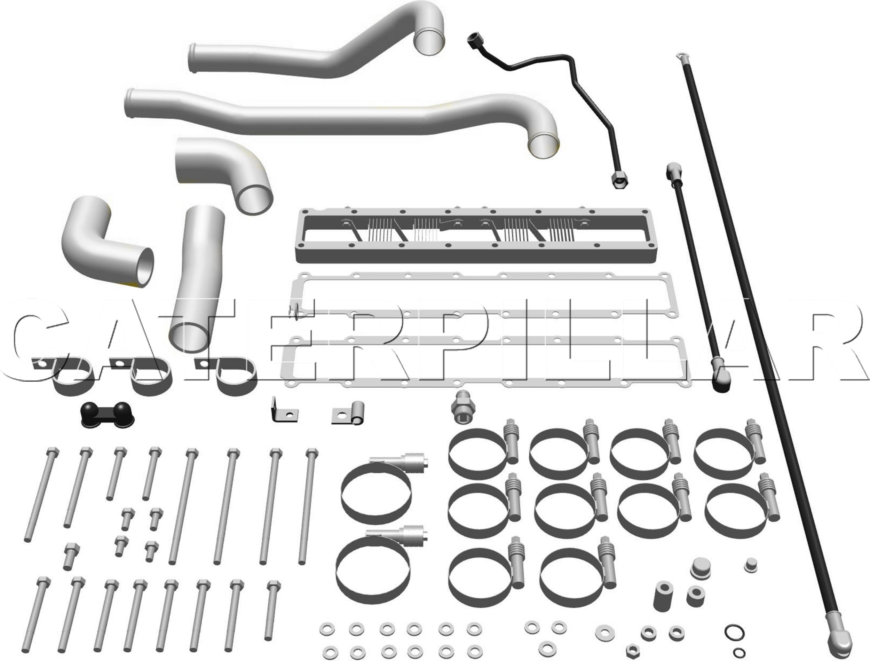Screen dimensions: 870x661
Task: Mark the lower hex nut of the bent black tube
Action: [x=619, y=181]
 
